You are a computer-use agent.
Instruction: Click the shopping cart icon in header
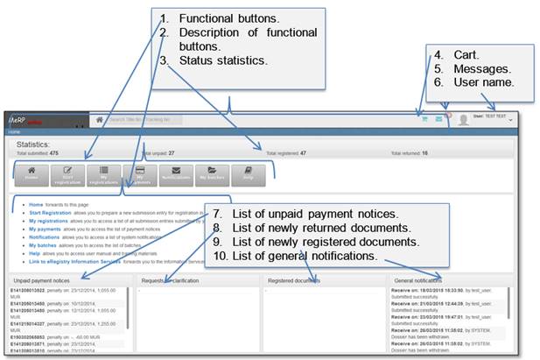click(424, 120)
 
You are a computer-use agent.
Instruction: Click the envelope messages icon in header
click(438, 120)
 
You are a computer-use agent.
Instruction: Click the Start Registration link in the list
click(54, 213)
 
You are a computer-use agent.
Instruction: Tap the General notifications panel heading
click(424, 280)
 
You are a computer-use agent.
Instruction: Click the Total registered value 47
click(303, 152)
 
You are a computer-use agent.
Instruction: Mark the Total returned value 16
click(424, 152)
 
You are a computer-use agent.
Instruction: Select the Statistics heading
click(34, 143)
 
